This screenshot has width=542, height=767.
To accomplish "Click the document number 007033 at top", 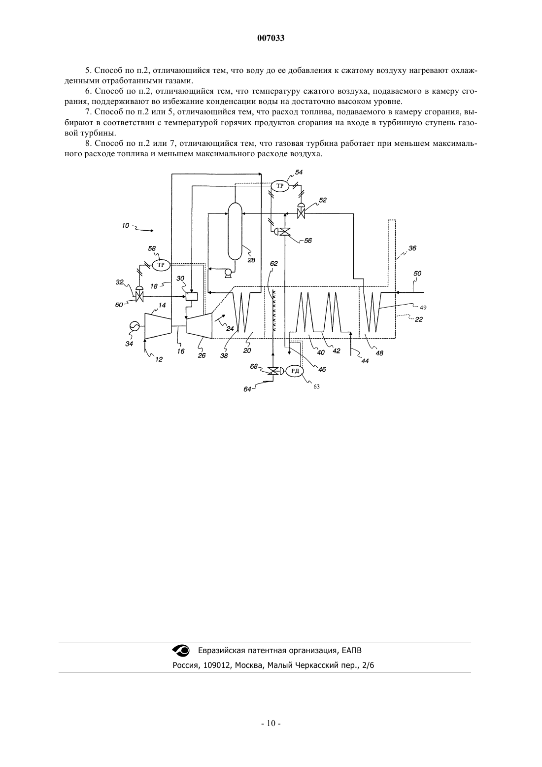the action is pyautogui.click(x=271, y=38).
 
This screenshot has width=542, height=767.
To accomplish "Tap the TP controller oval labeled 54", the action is pyautogui.click(x=280, y=186).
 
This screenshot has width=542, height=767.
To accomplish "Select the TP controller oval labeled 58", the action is pyautogui.click(x=161, y=265).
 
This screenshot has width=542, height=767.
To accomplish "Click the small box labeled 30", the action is pyautogui.click(x=192, y=296).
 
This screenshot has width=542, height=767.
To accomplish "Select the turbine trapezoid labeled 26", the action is pyautogui.click(x=199, y=323).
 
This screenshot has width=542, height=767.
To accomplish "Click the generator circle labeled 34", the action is pyautogui.click(x=133, y=327).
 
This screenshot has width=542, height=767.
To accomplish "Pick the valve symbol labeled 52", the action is pyautogui.click(x=301, y=211).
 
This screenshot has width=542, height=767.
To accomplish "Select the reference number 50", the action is pyautogui.click(x=417, y=273).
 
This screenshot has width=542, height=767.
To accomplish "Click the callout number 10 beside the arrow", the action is pyautogui.click(x=126, y=226).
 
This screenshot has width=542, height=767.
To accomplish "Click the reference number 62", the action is pyautogui.click(x=274, y=263).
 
